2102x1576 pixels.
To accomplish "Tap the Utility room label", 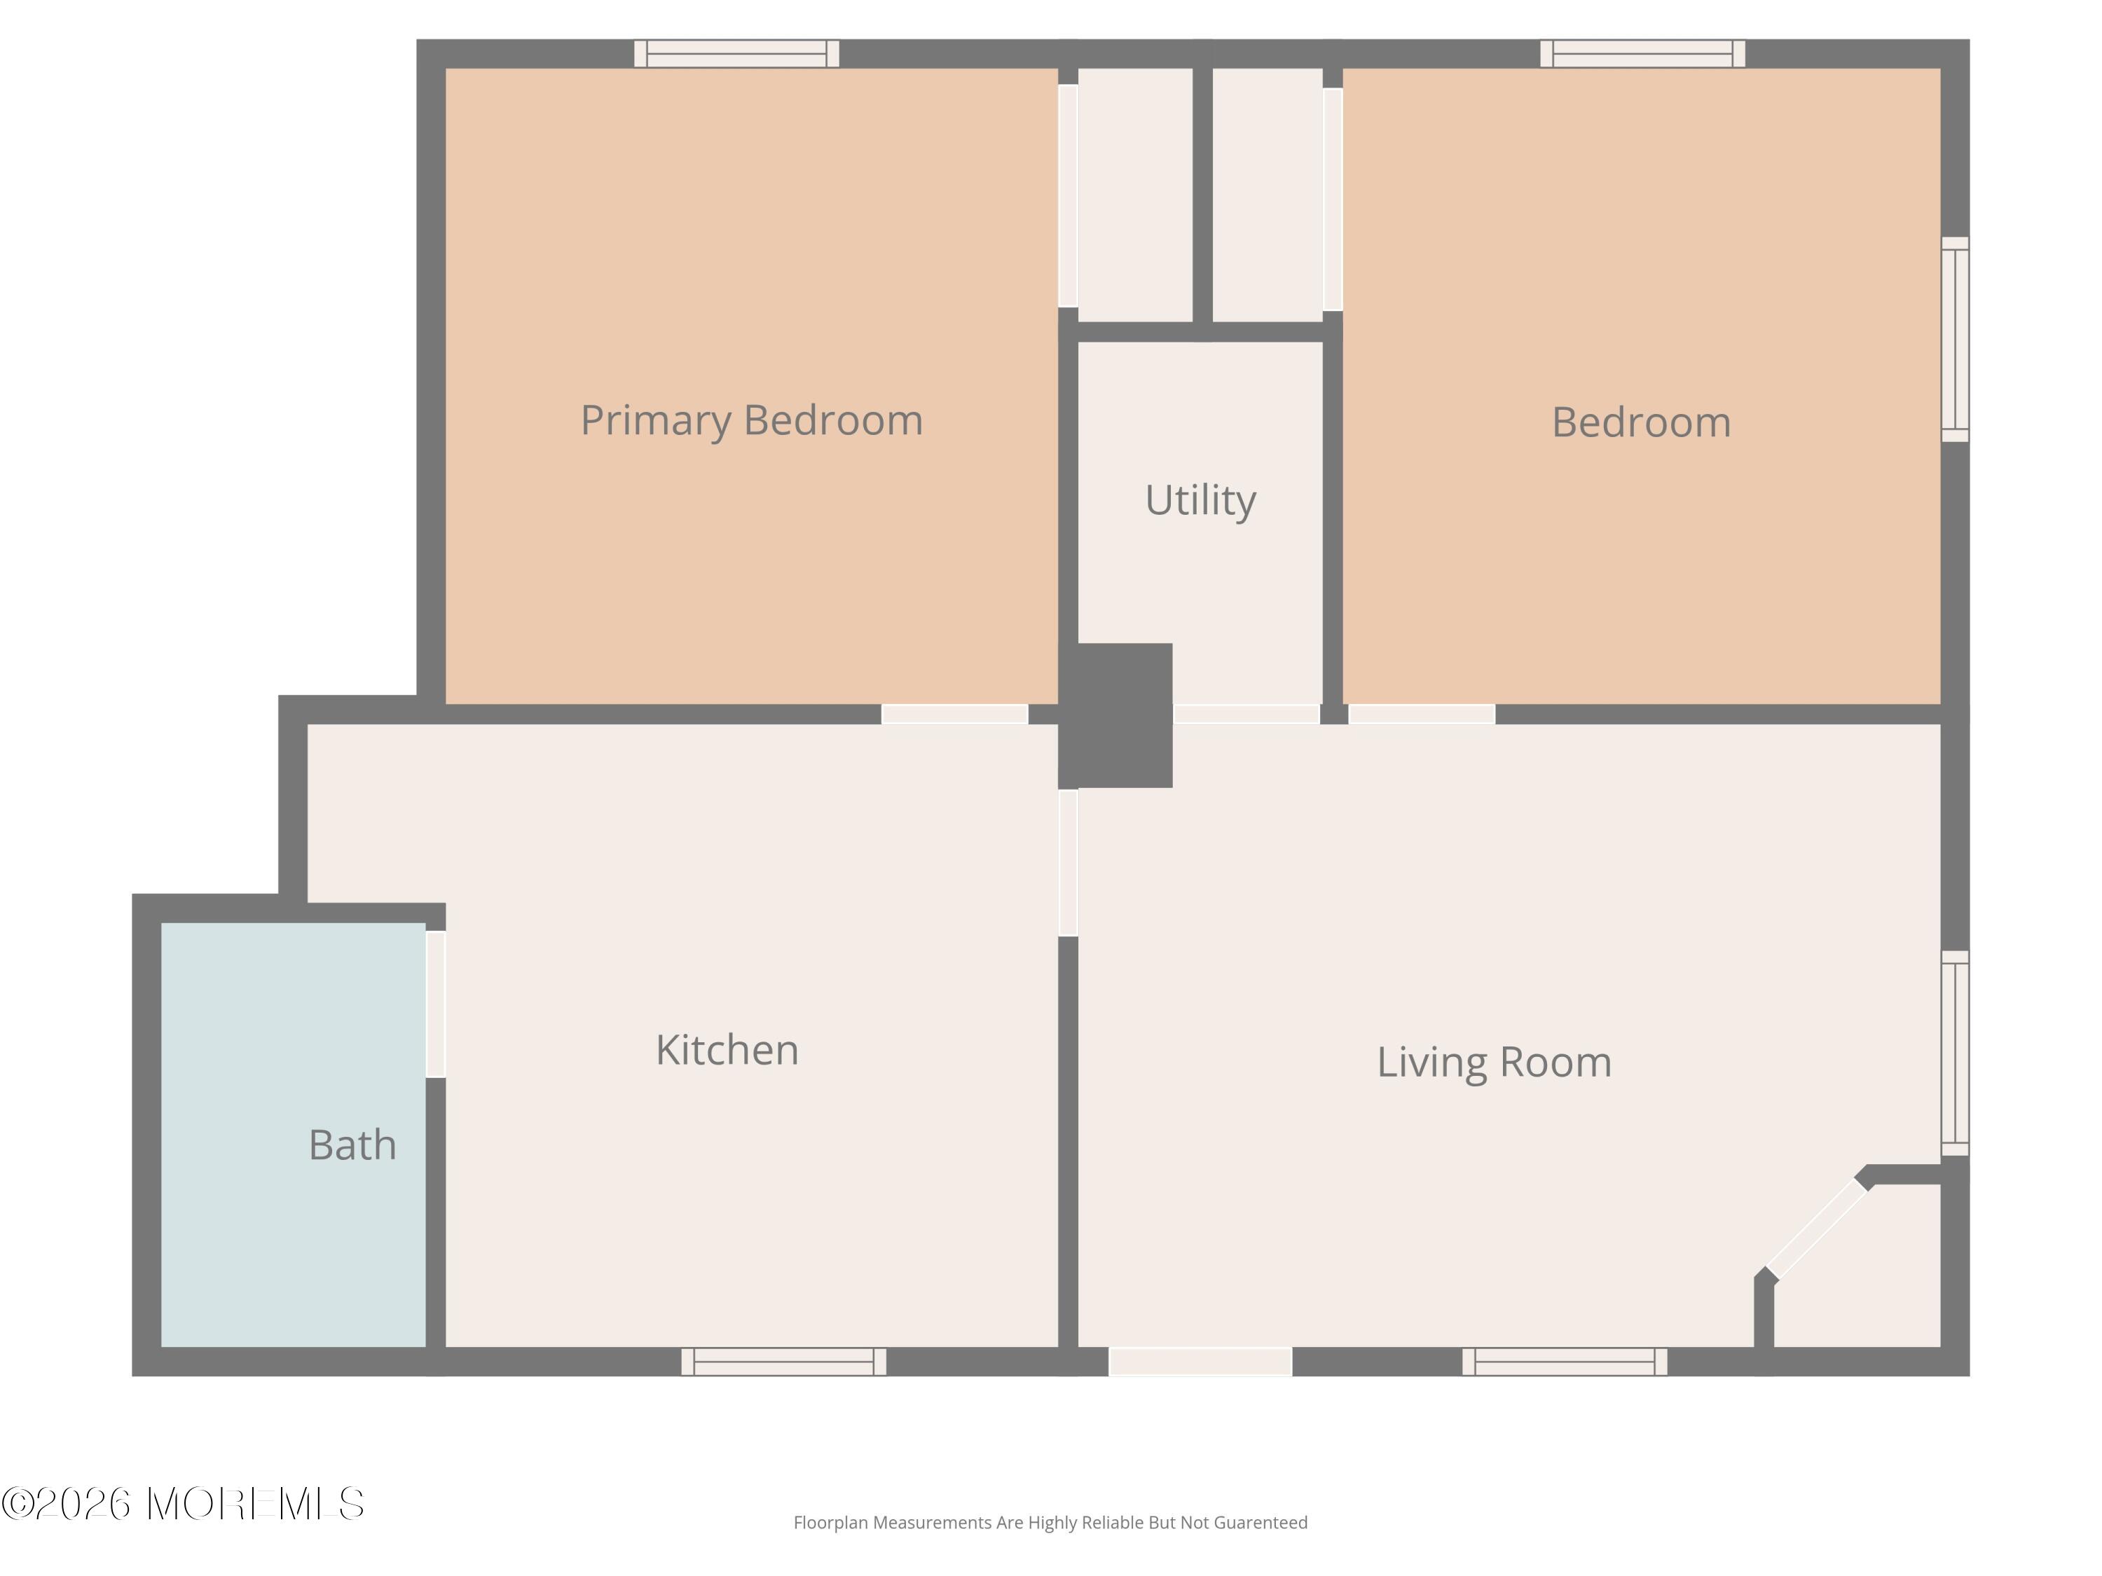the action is (x=1200, y=501).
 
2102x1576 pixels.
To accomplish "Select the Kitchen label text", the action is (x=727, y=1050).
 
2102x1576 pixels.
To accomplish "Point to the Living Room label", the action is (x=1494, y=1062).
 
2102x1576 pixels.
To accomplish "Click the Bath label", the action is (x=352, y=1145).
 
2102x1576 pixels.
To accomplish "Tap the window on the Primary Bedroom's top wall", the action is (x=736, y=53).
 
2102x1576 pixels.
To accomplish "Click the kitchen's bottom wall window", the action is (x=784, y=1361).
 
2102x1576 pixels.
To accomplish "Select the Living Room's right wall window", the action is (x=1955, y=1053).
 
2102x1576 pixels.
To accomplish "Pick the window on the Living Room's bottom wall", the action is (x=1564, y=1361).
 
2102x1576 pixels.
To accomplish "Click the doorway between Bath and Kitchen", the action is (x=435, y=1004).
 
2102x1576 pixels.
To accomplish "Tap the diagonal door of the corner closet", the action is (x=1817, y=1229).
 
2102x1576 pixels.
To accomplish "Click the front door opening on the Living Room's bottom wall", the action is (x=1200, y=1361).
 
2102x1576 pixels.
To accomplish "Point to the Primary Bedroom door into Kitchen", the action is (x=955, y=714).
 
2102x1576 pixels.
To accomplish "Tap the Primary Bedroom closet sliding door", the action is (x=1068, y=195).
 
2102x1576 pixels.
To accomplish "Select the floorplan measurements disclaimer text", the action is (x=1050, y=1523).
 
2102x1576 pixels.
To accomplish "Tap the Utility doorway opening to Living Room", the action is (x=1246, y=714).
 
